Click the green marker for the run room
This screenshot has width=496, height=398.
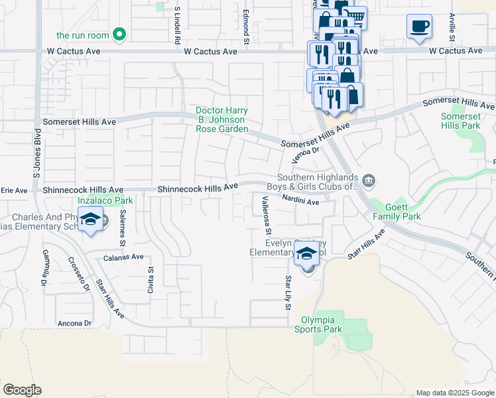[119, 34]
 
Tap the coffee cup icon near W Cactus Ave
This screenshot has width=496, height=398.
[419, 27]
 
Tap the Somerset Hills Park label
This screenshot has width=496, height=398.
[460, 120]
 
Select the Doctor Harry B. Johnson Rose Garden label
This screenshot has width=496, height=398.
[221, 119]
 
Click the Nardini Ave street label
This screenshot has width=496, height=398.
[300, 200]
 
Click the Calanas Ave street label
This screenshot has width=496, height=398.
[123, 257]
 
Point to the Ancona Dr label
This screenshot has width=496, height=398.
[74, 323]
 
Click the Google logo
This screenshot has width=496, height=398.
[22, 390]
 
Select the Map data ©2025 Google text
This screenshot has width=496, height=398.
[454, 393]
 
